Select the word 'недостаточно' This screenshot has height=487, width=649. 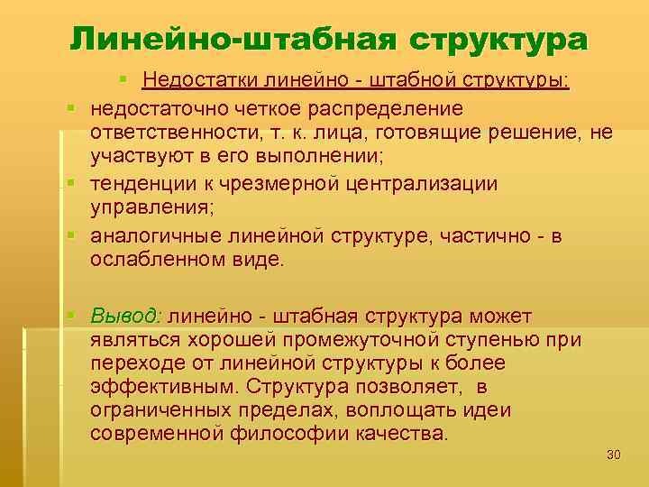tap(157, 108)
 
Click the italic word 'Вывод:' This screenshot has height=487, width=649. tap(126, 317)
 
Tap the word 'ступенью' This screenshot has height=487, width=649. tap(505, 340)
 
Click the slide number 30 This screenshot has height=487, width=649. tap(614, 454)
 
